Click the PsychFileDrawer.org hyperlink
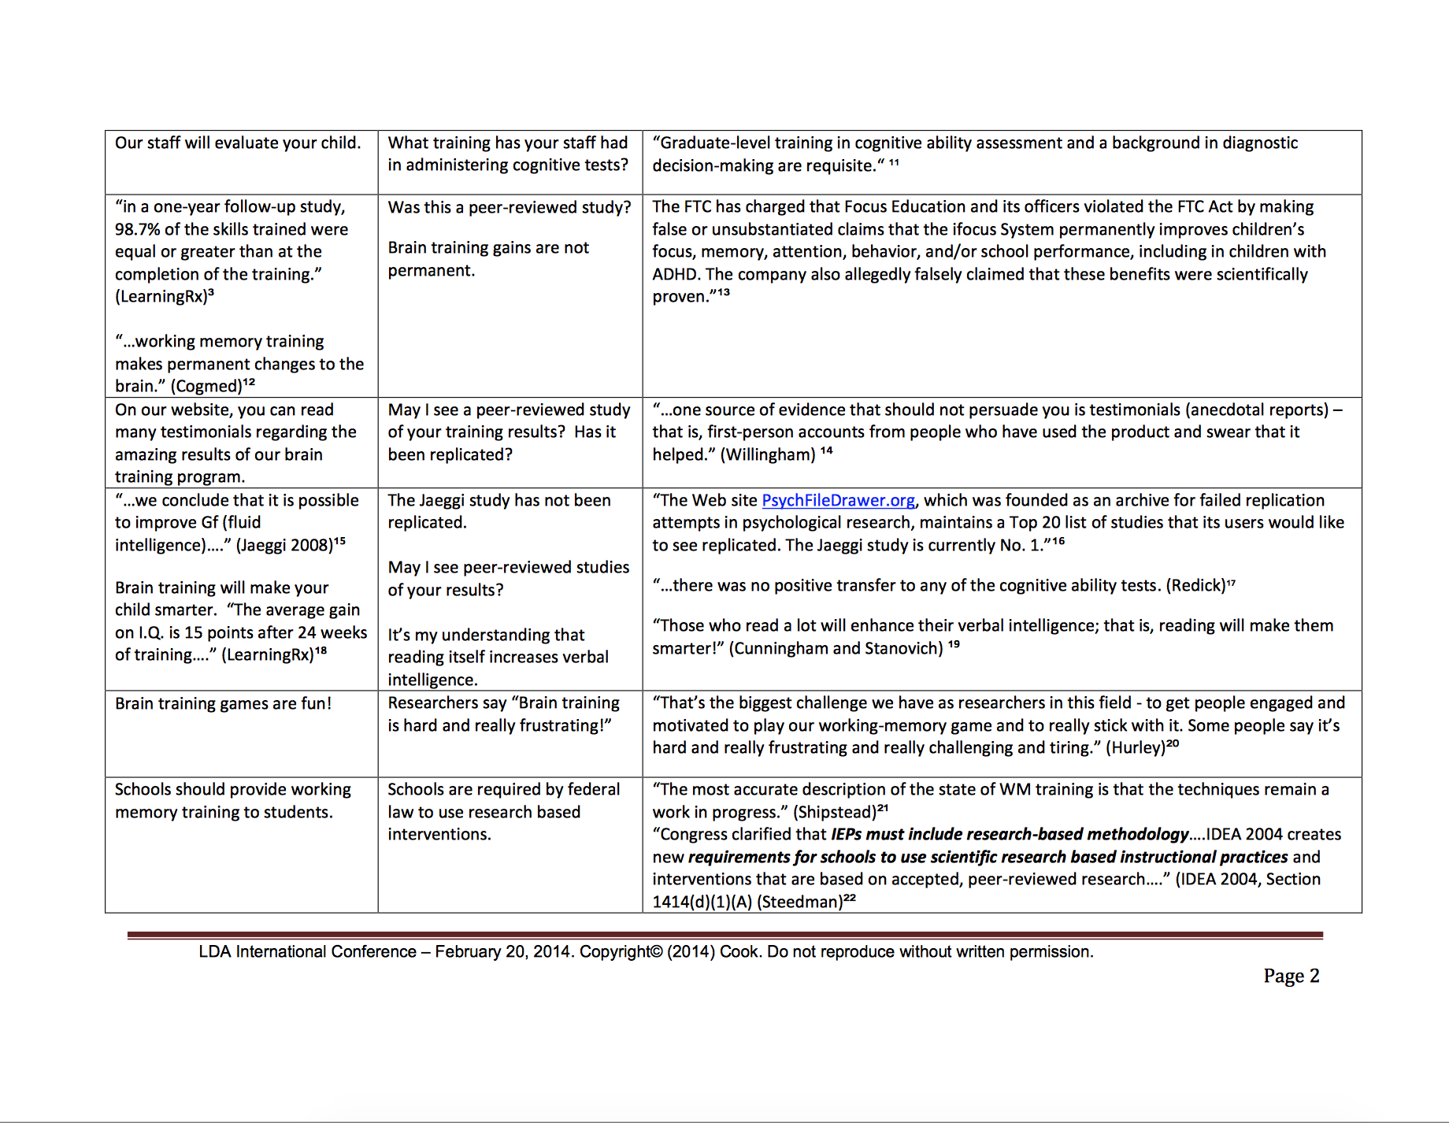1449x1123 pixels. pos(838,501)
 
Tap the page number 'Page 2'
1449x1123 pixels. pos(1291,976)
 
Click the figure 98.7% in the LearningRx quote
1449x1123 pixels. pos(137,230)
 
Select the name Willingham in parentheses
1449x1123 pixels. pos(768,455)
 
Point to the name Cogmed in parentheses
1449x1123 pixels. pos(206,387)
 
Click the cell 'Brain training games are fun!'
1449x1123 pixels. pos(224,704)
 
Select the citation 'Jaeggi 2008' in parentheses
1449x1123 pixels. pos(284,546)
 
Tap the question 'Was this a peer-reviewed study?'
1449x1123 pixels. pos(510,208)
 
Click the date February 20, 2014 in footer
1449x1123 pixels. pos(504,952)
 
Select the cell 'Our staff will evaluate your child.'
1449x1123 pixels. pos(238,143)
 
